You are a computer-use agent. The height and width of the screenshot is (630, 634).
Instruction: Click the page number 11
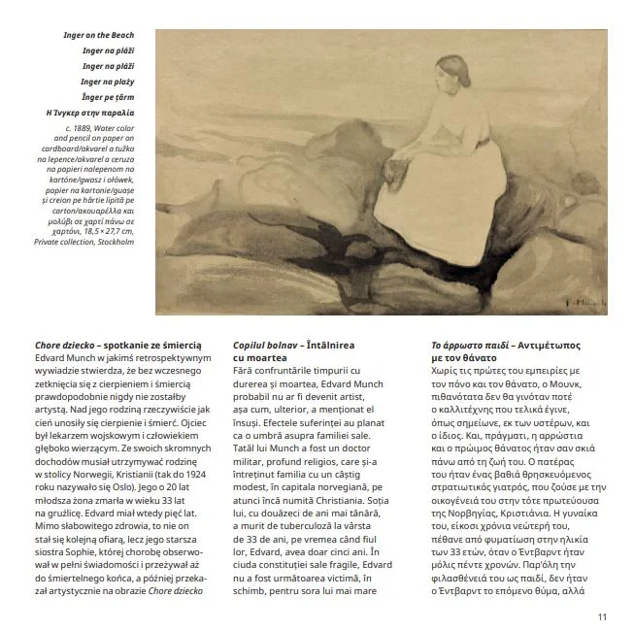[x=602, y=614]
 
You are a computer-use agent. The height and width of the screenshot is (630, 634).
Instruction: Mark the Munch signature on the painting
[x=583, y=301]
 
